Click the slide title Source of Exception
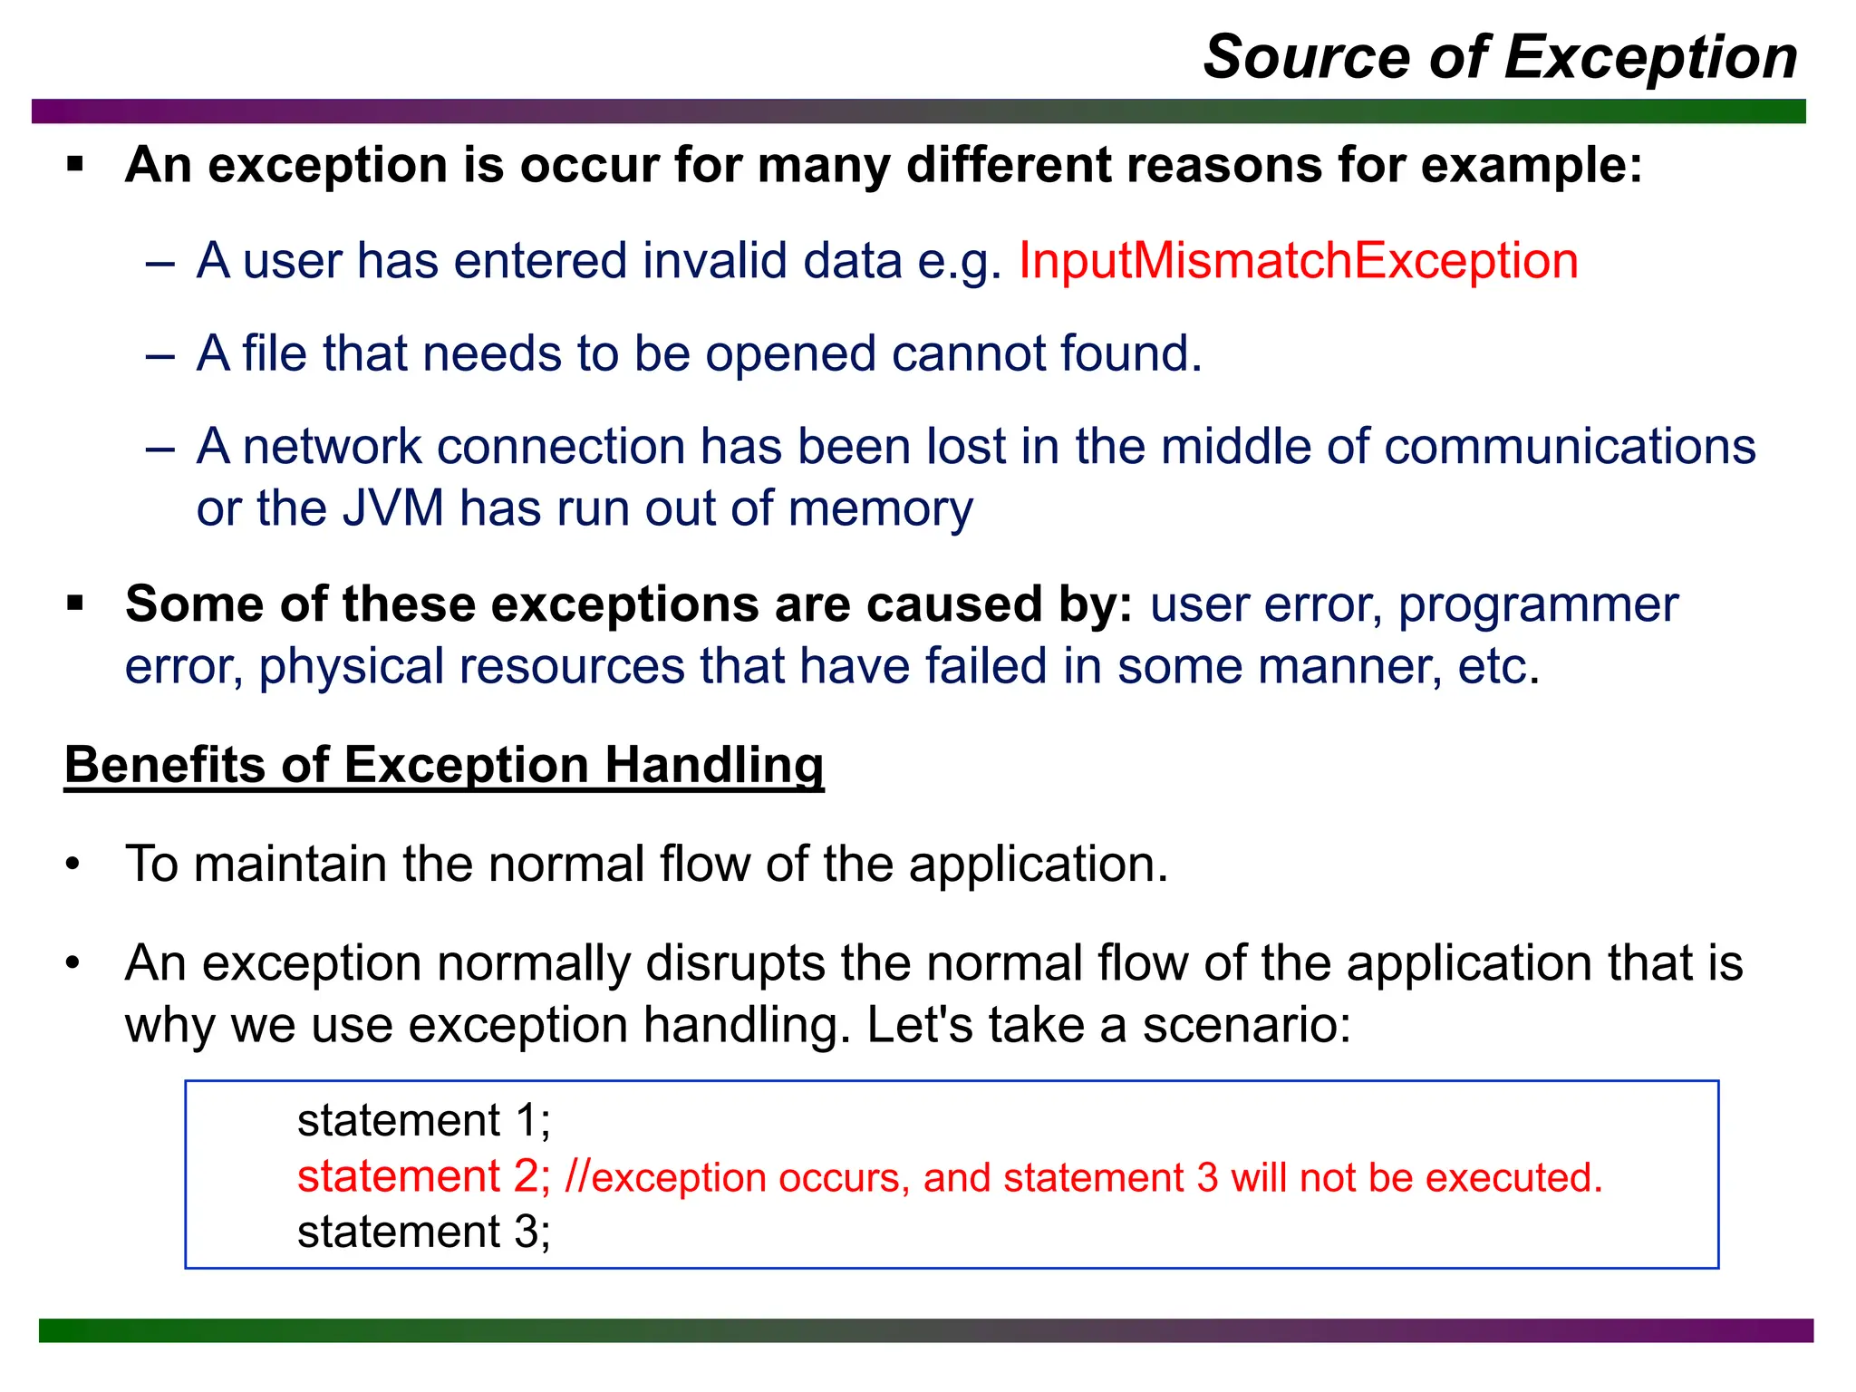click(x=1500, y=57)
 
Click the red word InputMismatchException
click(x=1298, y=261)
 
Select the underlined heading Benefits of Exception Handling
click(x=444, y=764)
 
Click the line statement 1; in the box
click(x=423, y=1120)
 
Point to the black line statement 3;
click(x=423, y=1232)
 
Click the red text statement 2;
click(x=423, y=1176)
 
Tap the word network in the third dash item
click(x=332, y=447)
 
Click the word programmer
click(x=1538, y=604)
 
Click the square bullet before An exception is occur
click(x=75, y=165)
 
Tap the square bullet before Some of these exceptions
click(x=75, y=604)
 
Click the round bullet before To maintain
click(x=73, y=864)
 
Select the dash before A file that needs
click(x=159, y=355)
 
